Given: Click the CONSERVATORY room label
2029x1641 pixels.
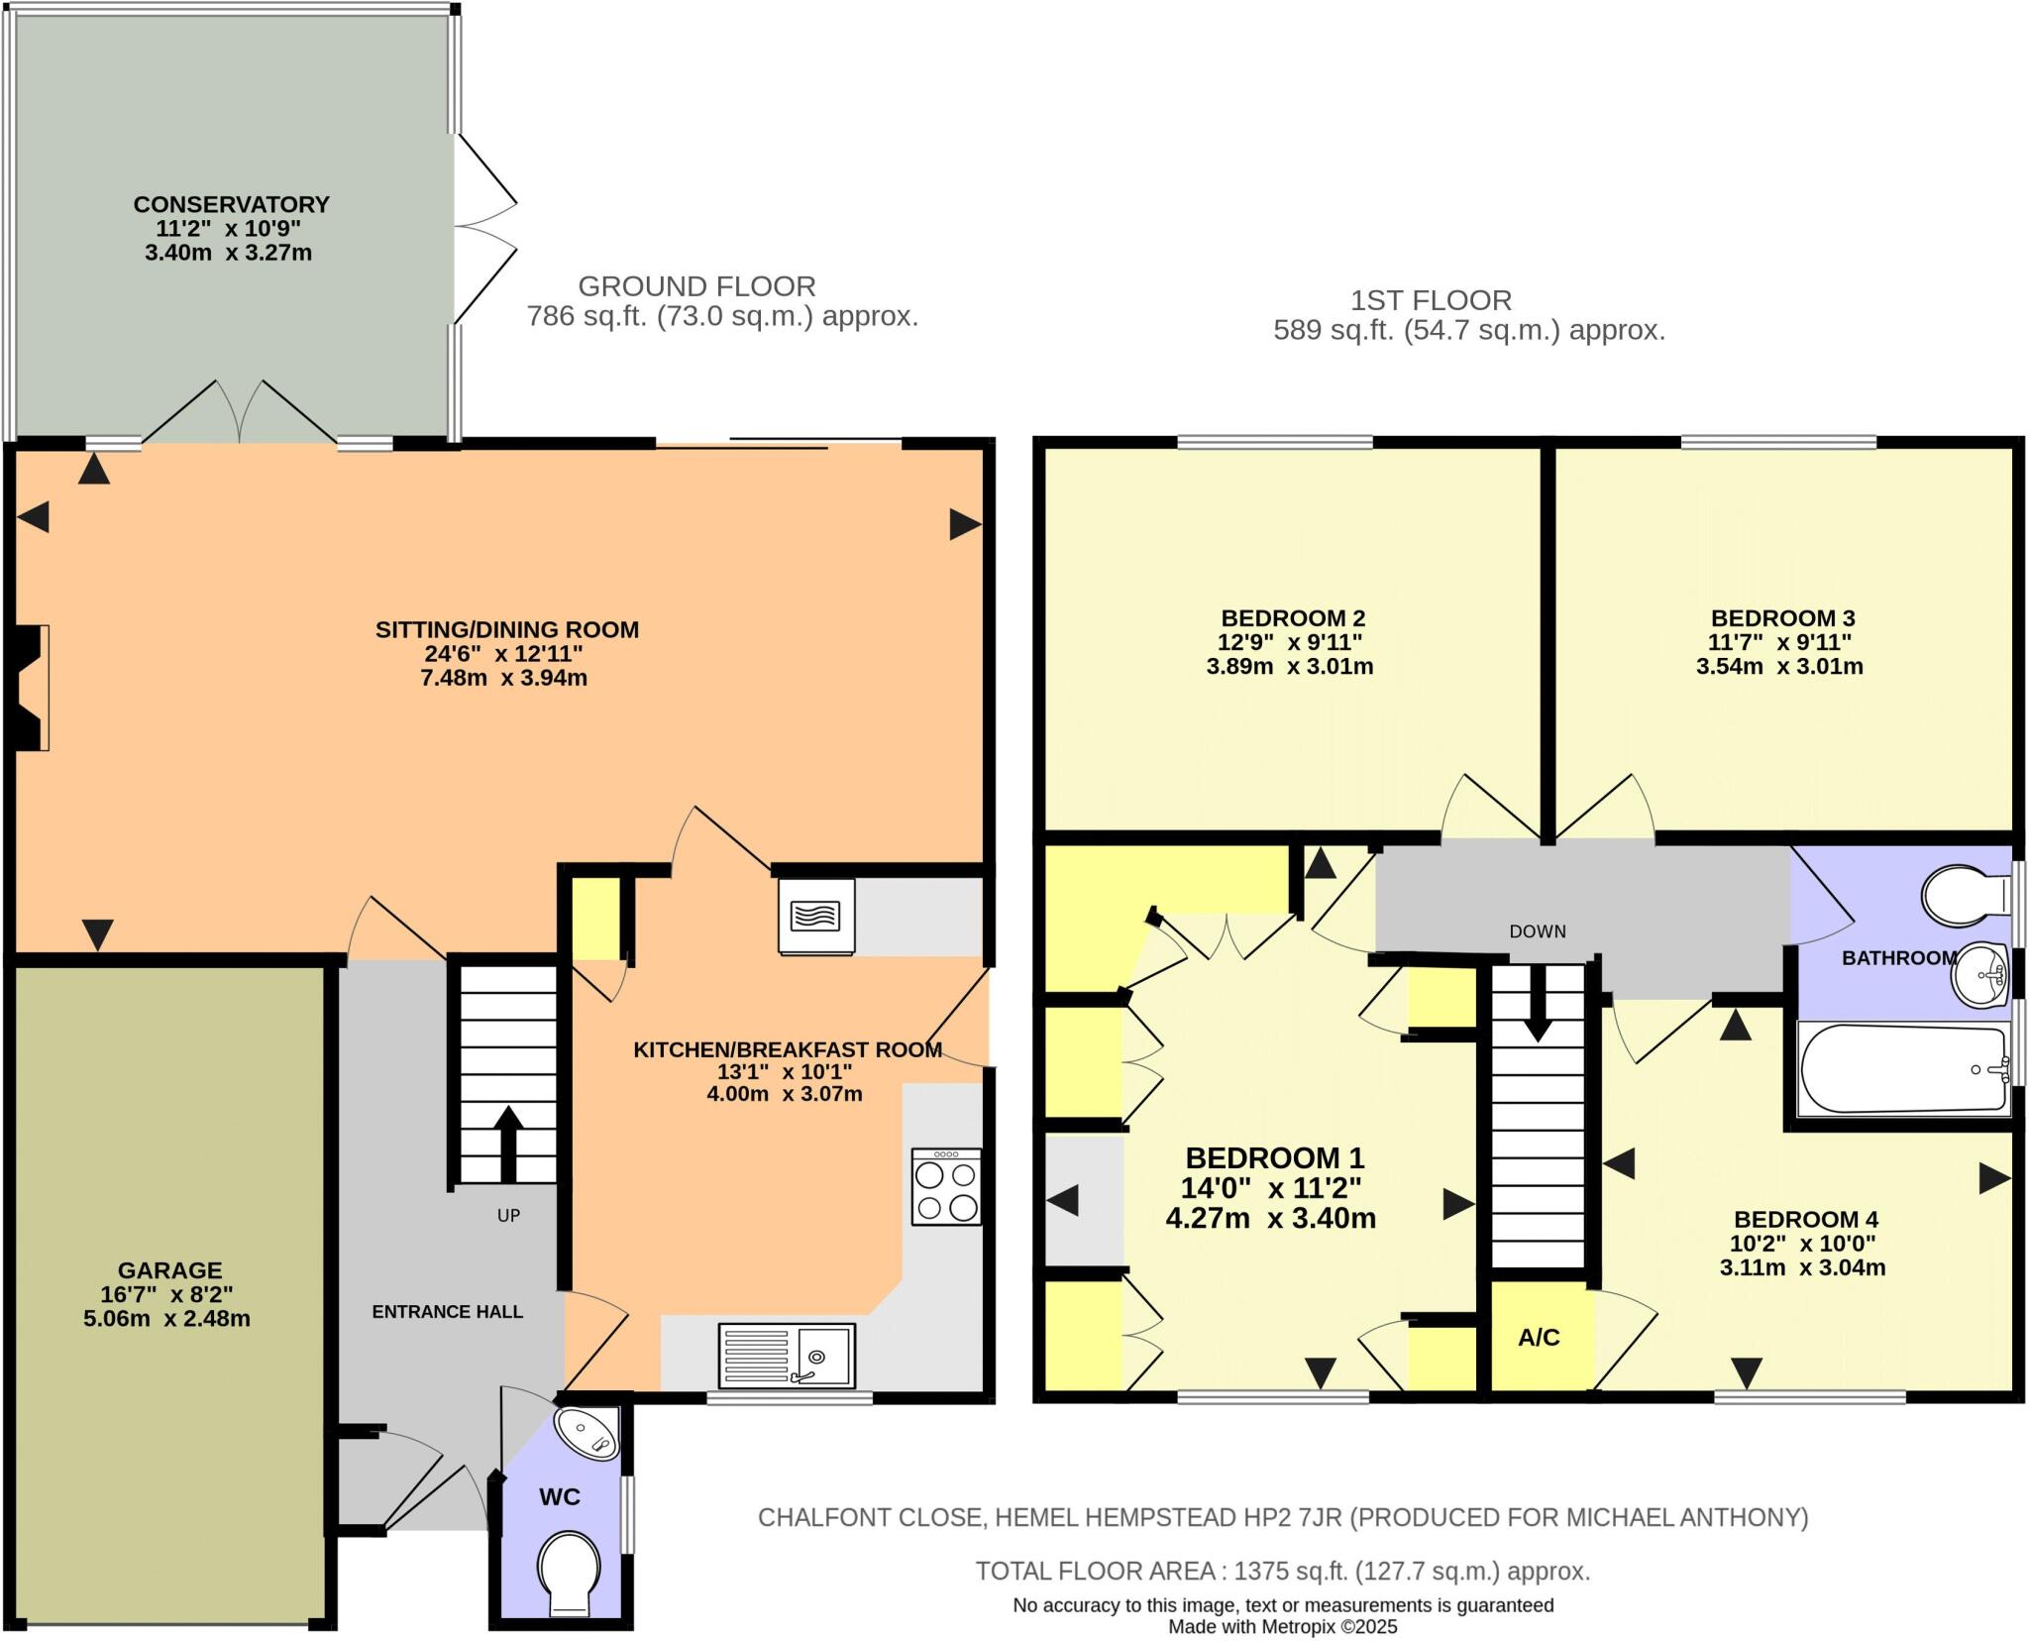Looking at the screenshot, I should [x=231, y=204].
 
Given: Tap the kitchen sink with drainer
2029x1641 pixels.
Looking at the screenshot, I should [x=787, y=1355].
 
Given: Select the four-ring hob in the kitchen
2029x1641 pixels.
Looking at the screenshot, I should [x=946, y=1187].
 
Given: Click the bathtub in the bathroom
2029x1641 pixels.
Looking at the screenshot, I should [x=1902, y=1069].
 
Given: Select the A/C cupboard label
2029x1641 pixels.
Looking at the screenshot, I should [x=1539, y=1338].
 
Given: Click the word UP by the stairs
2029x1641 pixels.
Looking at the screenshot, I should [x=508, y=1215].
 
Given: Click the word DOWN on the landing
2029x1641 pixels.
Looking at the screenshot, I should [x=1538, y=931].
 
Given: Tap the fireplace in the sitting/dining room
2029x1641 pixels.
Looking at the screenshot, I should [x=32, y=687].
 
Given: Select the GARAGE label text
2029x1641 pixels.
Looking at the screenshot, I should [x=169, y=1269].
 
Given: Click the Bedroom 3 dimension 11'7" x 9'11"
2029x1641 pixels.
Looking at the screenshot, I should [x=1780, y=642].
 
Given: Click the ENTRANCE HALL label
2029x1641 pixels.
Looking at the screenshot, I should [x=447, y=1312].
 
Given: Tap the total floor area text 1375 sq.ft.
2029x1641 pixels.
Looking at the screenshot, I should [x=1282, y=1571].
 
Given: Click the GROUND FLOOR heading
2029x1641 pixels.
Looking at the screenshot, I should [x=696, y=286].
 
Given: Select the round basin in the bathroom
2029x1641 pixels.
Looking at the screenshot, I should [x=1977, y=975].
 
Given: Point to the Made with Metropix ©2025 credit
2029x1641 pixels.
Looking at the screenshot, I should [x=1282, y=1626].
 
